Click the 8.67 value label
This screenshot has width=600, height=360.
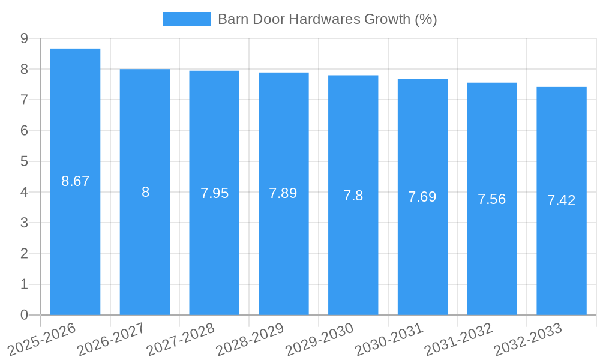75,181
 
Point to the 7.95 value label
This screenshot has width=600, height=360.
214,193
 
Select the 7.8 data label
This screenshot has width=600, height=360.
353,196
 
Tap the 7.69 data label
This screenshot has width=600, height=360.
422,197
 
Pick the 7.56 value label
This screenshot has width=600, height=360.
491,199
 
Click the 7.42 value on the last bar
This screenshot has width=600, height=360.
561,201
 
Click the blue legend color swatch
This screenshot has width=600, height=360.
186,19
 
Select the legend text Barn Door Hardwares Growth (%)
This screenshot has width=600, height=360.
327,19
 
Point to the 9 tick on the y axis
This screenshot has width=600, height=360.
25,38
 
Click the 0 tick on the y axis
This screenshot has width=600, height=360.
25,315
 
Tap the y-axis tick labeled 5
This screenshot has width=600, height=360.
25,161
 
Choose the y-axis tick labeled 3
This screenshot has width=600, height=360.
25,223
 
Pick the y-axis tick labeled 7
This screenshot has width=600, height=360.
25,100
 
